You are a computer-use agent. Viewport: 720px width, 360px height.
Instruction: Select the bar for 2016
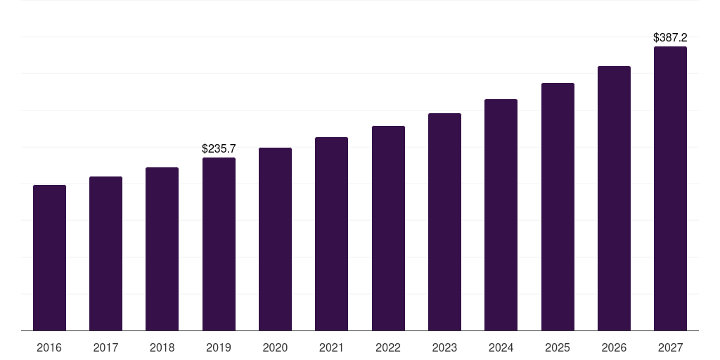49,258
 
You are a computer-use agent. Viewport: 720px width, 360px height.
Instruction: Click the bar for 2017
105,254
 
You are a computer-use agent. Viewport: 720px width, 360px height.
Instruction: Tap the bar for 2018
162,249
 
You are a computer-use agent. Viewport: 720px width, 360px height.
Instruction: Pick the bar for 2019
219,244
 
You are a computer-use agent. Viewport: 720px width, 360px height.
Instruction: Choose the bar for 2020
275,239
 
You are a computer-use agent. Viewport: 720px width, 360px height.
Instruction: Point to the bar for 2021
331,234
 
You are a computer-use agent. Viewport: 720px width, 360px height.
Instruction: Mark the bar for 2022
388,229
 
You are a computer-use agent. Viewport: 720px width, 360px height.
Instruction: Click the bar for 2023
444,222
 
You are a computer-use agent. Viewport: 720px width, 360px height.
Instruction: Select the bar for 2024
501,215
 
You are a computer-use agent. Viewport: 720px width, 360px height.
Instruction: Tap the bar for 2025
558,207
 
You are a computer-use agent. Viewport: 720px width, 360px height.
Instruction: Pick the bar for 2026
614,198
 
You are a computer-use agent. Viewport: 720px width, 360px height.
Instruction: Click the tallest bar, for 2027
670,188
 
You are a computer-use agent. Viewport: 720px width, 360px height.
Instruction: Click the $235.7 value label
219,148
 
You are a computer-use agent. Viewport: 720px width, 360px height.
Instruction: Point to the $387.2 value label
670,37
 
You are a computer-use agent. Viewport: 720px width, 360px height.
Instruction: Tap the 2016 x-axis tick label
49,348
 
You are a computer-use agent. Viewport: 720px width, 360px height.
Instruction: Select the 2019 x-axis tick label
219,348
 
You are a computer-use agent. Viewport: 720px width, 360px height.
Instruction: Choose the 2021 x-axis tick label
331,348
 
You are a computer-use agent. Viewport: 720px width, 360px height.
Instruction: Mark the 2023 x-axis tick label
444,348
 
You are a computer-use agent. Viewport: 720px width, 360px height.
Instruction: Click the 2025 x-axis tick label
558,348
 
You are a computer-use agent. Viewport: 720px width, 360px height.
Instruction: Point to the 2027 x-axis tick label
670,348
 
